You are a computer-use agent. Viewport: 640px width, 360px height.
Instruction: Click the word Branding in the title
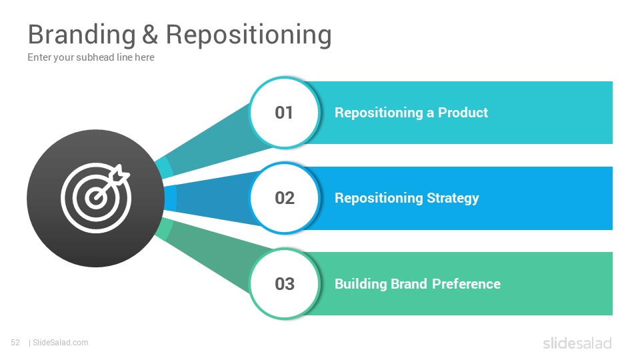81,35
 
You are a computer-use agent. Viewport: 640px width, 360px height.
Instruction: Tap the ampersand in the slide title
150,34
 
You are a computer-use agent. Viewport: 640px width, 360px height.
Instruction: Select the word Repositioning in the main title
249,35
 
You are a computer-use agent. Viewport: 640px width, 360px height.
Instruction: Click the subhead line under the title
91,57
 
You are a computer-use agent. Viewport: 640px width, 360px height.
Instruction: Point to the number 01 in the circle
284,113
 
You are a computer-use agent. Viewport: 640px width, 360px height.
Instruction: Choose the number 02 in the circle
285,199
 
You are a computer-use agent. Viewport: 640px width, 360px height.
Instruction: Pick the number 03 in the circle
285,284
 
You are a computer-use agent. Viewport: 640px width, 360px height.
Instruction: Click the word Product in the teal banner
463,113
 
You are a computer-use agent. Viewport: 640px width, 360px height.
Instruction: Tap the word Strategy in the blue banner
453,199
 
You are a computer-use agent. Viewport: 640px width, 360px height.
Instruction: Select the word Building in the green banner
361,284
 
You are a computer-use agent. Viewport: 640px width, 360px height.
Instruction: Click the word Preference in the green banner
466,284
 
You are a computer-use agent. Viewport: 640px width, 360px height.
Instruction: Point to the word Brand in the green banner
409,284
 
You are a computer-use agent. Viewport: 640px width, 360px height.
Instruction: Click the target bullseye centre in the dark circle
96,199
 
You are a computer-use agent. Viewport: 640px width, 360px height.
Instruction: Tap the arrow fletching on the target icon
121,174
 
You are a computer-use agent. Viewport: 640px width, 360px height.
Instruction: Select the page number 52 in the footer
15,343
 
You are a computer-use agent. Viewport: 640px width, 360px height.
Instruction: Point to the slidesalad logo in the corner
577,343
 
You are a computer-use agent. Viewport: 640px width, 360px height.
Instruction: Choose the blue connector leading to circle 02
211,199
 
